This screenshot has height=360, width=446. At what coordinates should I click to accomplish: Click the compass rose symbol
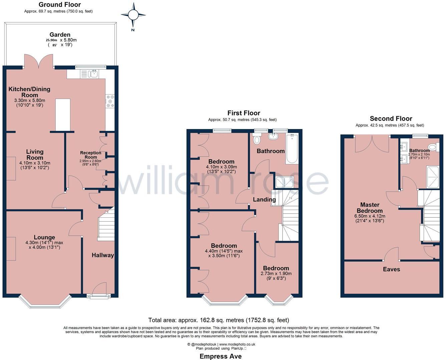pyautogui.click(x=133, y=15)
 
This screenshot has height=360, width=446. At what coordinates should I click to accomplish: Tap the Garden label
pyautogui.click(x=60, y=35)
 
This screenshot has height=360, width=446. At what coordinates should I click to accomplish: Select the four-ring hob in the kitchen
pyautogui.click(x=110, y=101)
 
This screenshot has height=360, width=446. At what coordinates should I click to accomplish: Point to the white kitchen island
pyautogui.click(x=63, y=115)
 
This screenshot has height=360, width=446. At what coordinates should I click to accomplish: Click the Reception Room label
pyautogui.click(x=91, y=155)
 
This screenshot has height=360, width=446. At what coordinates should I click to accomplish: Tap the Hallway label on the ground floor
pyautogui.click(x=103, y=255)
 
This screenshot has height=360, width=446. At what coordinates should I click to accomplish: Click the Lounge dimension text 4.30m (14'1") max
pyautogui.click(x=44, y=243)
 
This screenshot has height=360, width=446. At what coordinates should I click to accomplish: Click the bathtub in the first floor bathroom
pyautogui.click(x=292, y=149)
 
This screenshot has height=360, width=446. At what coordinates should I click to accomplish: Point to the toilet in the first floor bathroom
pyautogui.click(x=257, y=139)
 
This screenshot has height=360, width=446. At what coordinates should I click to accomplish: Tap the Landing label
pyautogui.click(x=264, y=200)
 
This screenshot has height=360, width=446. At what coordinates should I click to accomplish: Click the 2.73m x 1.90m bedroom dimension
pyautogui.click(x=276, y=273)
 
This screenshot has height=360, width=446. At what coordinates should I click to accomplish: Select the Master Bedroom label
pyautogui.click(x=370, y=208)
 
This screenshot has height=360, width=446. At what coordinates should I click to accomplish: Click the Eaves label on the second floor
pyautogui.click(x=391, y=269)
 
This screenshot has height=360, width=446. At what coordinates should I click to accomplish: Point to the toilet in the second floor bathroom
pyautogui.click(x=434, y=147)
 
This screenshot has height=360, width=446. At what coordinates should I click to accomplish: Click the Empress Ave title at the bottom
pyautogui.click(x=220, y=356)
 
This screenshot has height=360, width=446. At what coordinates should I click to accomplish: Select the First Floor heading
pyautogui.click(x=244, y=113)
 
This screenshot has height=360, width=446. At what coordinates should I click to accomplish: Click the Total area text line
pyautogui.click(x=218, y=320)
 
